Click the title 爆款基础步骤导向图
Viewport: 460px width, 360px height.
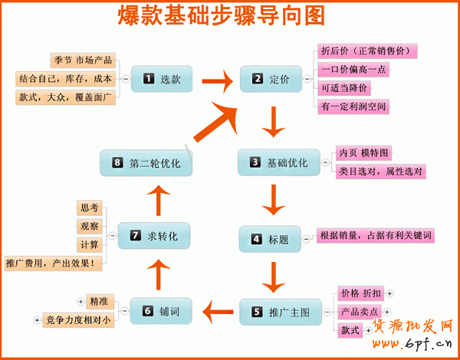(221, 16)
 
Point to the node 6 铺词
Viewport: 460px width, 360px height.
(161, 311)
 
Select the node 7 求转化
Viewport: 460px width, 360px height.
(155, 237)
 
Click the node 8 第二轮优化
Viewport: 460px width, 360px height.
(146, 162)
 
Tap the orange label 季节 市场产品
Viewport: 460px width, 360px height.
(83, 59)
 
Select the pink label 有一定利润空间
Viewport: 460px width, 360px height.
(353, 106)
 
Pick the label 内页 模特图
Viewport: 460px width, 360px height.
(364, 152)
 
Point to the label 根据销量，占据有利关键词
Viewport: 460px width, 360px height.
(376, 234)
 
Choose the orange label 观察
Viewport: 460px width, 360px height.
(89, 226)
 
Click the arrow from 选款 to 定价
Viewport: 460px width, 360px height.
(218, 79)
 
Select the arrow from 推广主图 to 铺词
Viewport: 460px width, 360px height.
(219, 311)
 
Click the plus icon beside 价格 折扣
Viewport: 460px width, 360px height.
(389, 293)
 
